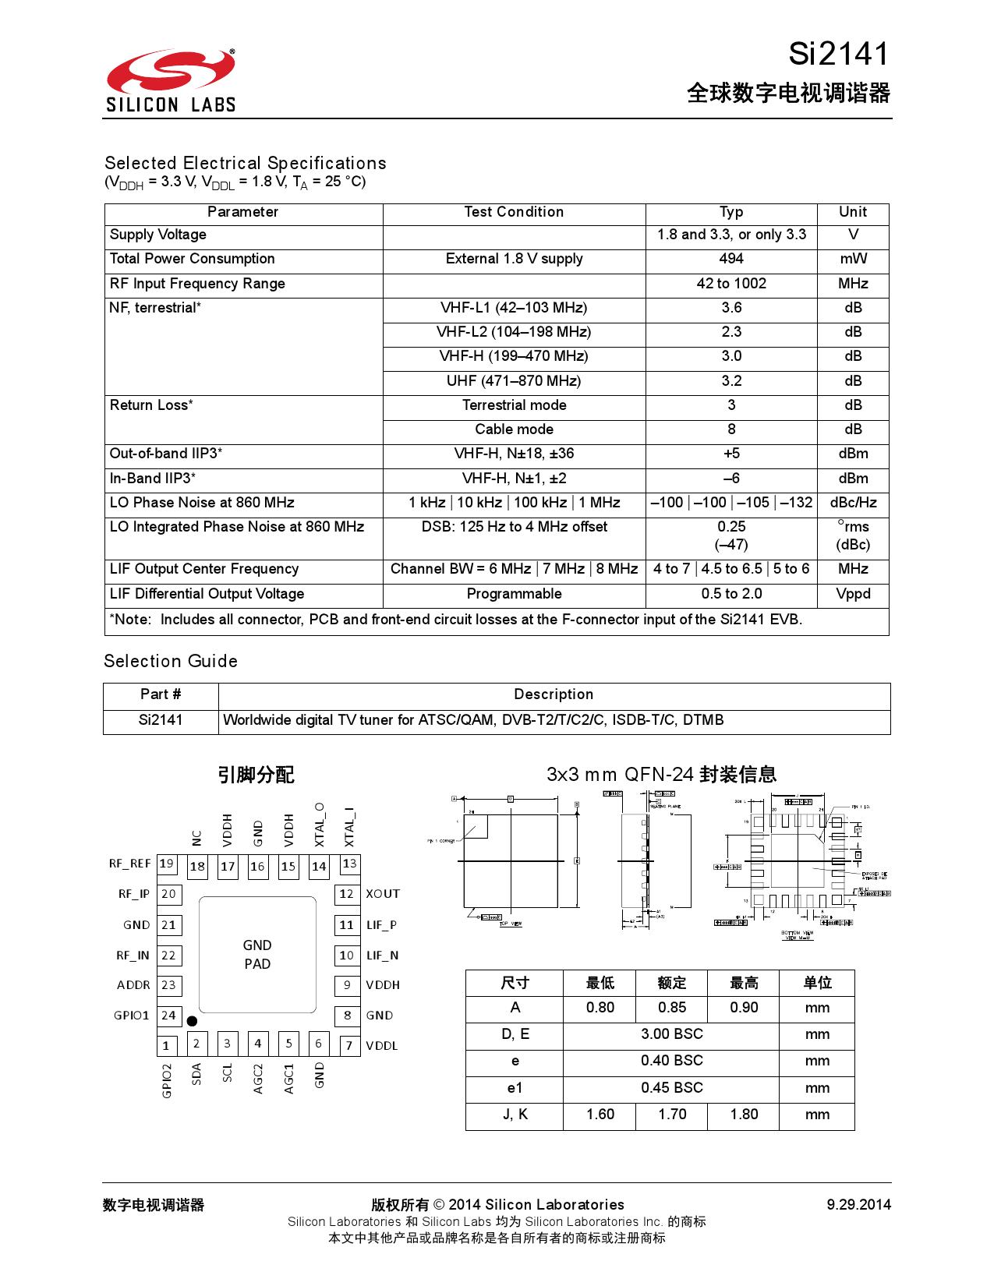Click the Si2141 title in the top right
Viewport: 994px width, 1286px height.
point(838,54)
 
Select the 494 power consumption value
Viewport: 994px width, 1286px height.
point(730,259)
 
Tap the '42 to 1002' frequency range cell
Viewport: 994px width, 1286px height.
point(730,284)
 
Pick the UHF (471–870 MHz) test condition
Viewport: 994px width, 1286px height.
point(514,381)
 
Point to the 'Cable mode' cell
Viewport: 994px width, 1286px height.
point(514,429)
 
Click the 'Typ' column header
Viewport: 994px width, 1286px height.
point(730,212)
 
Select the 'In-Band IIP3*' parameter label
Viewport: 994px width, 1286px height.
point(153,479)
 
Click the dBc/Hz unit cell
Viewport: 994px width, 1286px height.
point(853,503)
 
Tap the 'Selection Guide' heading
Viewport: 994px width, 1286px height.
point(171,661)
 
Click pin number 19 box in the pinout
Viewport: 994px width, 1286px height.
point(167,864)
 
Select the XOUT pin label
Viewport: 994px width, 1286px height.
point(383,894)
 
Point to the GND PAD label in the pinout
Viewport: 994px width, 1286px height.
point(257,955)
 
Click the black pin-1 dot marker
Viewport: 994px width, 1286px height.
point(192,1021)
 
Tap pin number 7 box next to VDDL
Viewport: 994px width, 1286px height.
point(349,1045)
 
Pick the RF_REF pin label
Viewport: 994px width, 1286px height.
point(129,864)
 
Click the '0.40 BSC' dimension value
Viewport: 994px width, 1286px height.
point(671,1061)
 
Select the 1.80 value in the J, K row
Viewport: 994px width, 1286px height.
point(744,1115)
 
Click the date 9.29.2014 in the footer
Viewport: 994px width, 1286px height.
point(858,1205)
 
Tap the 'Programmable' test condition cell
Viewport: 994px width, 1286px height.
point(514,594)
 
